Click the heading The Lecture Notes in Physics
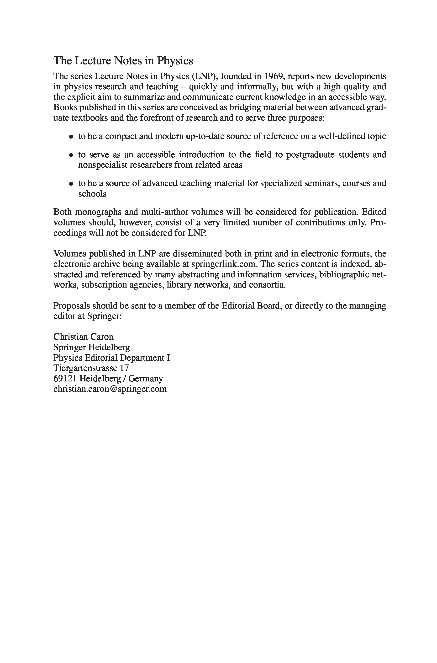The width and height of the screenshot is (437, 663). click(x=123, y=61)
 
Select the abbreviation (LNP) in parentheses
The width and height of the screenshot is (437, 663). click(x=204, y=76)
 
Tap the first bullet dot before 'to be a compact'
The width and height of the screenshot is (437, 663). click(x=71, y=137)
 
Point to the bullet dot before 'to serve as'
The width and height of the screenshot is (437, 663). click(x=71, y=155)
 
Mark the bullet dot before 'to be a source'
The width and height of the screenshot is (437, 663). click(x=71, y=184)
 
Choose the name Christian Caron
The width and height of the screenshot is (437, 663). click(x=83, y=337)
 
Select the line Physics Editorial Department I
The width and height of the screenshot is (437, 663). click(x=111, y=358)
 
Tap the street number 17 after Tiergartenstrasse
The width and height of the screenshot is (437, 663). click(x=124, y=368)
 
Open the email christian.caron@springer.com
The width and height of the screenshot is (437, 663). click(x=110, y=389)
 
